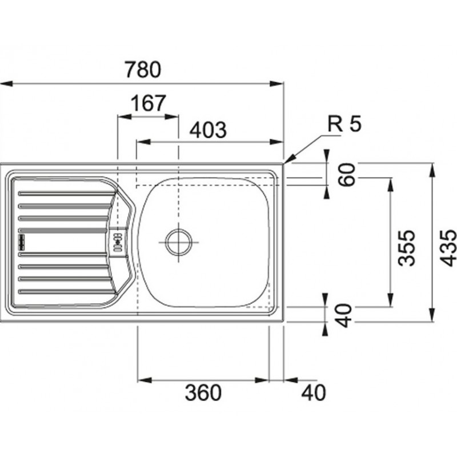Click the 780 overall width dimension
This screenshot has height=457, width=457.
point(143,69)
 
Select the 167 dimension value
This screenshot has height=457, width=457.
point(149,103)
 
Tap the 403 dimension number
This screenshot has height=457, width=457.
point(208,130)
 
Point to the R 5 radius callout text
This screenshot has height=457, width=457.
point(344,123)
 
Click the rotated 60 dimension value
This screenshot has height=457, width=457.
point(347,175)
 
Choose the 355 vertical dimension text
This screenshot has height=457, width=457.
point(406,248)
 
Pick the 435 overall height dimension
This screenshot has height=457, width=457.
point(448,248)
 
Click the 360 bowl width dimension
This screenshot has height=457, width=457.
point(203,392)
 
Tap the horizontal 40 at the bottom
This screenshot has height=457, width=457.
point(314,392)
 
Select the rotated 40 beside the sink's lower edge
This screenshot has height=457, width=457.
point(344,316)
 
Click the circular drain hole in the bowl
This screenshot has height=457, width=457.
point(179,242)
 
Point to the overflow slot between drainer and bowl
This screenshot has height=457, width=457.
point(118,242)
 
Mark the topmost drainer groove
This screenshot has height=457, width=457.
point(66,193)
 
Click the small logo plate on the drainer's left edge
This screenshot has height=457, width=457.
point(22,242)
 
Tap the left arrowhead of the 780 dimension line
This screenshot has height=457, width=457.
point(6,84)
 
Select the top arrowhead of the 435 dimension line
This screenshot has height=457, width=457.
point(432,170)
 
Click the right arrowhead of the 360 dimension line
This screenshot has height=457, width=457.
point(262,380)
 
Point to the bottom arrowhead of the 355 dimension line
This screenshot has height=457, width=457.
point(390,300)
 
